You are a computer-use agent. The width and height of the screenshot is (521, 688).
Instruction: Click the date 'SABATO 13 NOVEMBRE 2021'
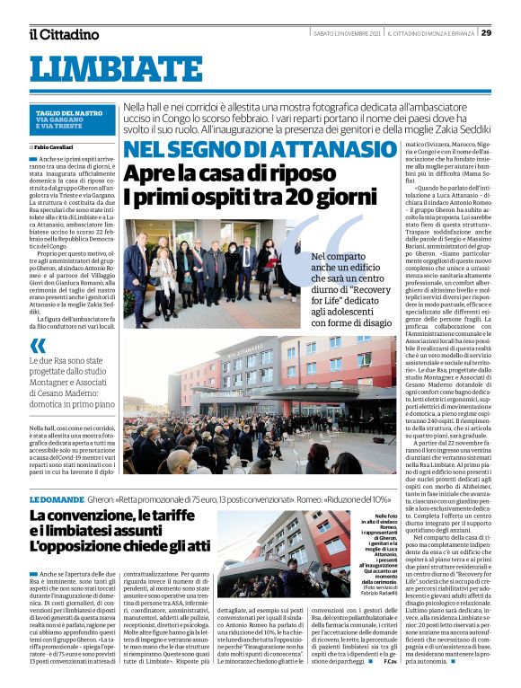(x=346, y=33)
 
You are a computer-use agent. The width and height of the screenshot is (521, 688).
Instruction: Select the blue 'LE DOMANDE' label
(x=56, y=497)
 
